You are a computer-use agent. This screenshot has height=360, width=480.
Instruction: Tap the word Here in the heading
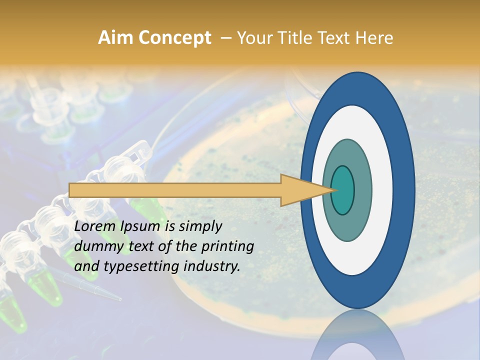pos(375,38)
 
